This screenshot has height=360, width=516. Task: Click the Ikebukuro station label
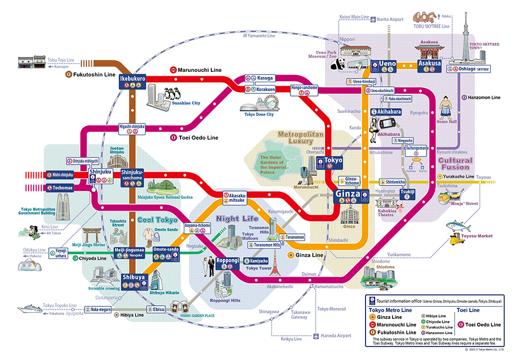(x=132, y=79)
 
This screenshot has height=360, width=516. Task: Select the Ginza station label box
(x=347, y=194)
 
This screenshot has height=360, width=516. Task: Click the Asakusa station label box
(x=430, y=64)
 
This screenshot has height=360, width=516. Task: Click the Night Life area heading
(x=234, y=218)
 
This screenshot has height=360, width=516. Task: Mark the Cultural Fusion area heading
(x=455, y=164)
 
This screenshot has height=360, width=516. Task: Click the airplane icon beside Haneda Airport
(x=316, y=336)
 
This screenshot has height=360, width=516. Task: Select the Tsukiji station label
(x=407, y=192)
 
